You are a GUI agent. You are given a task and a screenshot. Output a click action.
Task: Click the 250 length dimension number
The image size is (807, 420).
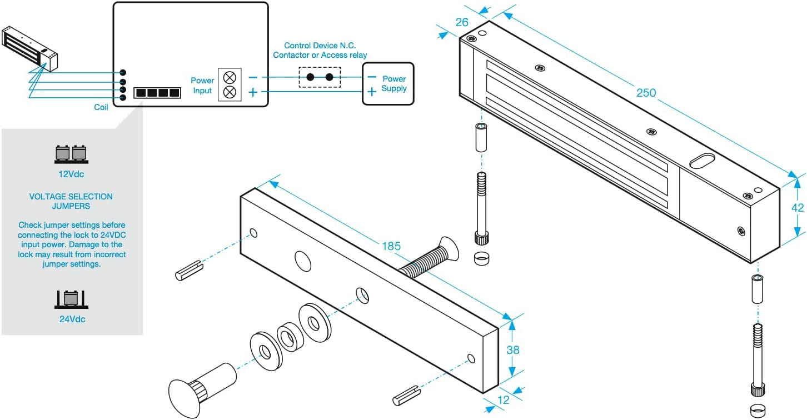646,93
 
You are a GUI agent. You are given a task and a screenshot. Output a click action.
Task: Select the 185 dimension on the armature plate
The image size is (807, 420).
391,246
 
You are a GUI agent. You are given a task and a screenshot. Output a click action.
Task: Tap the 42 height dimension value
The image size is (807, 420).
798,208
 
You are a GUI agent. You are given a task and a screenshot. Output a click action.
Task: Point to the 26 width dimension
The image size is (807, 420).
462,22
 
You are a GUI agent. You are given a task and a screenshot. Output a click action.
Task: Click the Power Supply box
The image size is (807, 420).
388,83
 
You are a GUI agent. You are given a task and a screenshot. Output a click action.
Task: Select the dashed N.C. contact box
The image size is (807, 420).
320,77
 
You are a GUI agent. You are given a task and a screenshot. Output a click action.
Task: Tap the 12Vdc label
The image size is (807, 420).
71,174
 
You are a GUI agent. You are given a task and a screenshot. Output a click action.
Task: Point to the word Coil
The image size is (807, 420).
101,107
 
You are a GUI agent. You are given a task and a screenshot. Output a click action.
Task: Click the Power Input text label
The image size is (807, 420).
202,86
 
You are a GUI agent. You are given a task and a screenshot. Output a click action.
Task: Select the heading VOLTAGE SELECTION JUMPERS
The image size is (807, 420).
71,201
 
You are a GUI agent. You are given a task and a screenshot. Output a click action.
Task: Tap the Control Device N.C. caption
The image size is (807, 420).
320,50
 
